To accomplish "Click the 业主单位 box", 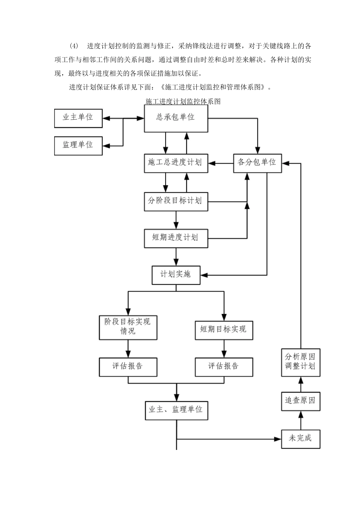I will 78,117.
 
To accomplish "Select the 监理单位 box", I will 78,145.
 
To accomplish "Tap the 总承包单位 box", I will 176,118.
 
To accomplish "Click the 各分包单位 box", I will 257,162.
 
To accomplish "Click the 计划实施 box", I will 176,274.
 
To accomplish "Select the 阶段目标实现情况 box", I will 128,326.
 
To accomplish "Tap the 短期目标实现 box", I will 224,329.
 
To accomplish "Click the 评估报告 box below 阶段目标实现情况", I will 128,366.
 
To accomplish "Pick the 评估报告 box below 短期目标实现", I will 224,366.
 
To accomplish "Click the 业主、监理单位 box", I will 176,410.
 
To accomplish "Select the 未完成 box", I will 301,439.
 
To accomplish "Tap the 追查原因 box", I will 301,401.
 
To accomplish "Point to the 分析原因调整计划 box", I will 301,362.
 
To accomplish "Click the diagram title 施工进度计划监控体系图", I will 183,101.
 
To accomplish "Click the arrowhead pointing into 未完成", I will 278,439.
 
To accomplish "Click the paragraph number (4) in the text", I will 74,46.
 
